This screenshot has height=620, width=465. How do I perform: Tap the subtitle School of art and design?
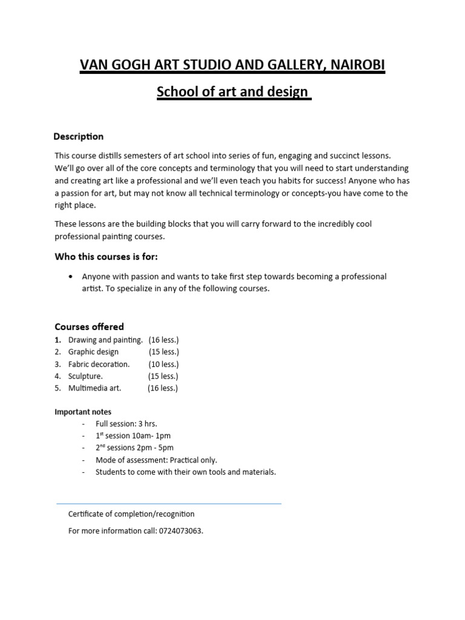click(233, 93)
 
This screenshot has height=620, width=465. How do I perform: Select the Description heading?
click(79, 136)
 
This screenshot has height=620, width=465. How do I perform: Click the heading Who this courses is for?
click(106, 257)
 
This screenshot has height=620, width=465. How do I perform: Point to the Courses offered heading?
click(89, 327)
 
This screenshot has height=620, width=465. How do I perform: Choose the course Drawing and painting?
click(105, 340)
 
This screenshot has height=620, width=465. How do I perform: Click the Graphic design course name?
click(93, 352)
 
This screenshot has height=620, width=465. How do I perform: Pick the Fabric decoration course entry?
click(99, 364)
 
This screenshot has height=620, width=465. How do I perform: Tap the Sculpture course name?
click(85, 376)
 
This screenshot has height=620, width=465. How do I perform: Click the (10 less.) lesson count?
click(163, 364)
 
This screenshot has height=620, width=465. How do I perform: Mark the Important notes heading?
click(83, 412)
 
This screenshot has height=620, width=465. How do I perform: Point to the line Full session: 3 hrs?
click(126, 424)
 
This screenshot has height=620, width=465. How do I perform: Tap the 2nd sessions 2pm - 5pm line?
click(134, 448)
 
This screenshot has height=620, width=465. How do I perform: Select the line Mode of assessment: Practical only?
click(156, 460)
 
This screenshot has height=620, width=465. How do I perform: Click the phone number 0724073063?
click(180, 531)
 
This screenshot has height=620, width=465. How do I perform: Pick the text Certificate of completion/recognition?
click(131, 514)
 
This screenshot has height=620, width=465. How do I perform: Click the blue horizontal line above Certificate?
click(169, 504)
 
